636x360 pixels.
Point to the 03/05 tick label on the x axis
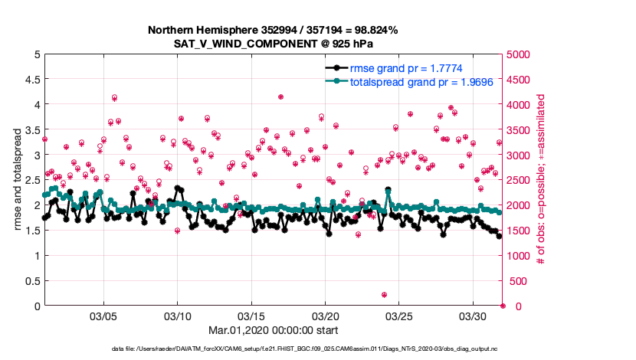tap(103, 316)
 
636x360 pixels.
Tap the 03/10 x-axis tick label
tap(178, 316)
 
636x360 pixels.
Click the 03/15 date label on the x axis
tap(251, 316)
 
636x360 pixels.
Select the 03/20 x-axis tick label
tap(326, 316)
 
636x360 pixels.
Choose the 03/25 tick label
tap(400, 316)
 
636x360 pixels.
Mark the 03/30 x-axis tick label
tap(474, 316)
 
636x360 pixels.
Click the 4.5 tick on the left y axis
tap(31, 79)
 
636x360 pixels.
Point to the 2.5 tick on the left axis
tap(31, 180)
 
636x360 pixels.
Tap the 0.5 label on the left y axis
tap(31, 281)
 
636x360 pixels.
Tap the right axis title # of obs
tap(541, 180)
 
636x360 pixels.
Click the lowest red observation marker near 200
tap(384, 295)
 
